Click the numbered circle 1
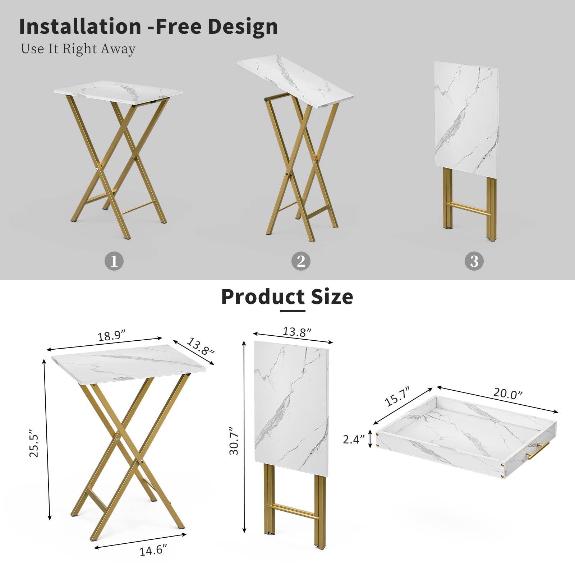pyautogui.click(x=114, y=261)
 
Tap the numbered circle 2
pyautogui.click(x=301, y=261)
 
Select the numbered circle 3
pyautogui.click(x=474, y=261)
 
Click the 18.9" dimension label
pyautogui.click(x=112, y=336)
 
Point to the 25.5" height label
pyautogui.click(x=34, y=443)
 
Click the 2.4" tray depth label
pyautogui.click(x=354, y=439)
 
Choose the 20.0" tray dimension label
pyautogui.click(x=507, y=393)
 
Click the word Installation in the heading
pyautogui.click(x=80, y=26)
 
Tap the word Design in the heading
pyautogui.click(x=243, y=27)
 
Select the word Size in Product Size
pyautogui.click(x=332, y=297)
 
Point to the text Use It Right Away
pyautogui.click(x=78, y=49)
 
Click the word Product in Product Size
pyautogui.click(x=263, y=297)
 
